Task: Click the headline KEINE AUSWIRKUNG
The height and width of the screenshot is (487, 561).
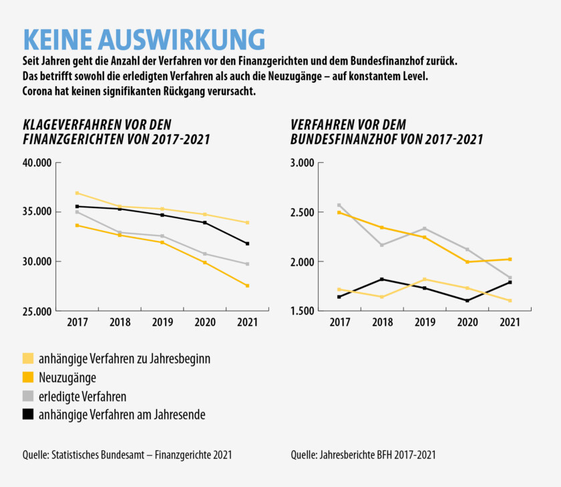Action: pyautogui.click(x=144, y=39)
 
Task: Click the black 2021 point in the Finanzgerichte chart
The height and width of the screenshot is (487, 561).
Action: pyautogui.click(x=247, y=243)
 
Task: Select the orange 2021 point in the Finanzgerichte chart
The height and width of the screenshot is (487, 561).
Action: pyautogui.click(x=247, y=286)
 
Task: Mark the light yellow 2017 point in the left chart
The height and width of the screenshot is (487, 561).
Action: pyautogui.click(x=77, y=193)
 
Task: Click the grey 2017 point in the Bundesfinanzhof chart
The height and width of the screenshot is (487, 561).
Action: pyautogui.click(x=339, y=205)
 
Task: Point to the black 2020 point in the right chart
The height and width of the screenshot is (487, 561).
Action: pyautogui.click(x=467, y=301)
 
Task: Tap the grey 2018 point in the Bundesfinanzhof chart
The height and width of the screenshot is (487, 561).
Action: pyautogui.click(x=382, y=245)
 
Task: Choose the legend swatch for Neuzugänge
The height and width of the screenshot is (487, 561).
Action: pyautogui.click(x=28, y=377)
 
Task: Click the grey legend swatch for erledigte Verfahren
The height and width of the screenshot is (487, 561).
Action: pyautogui.click(x=28, y=396)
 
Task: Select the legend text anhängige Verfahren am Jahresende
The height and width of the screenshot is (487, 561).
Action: pyautogui.click(x=123, y=414)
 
